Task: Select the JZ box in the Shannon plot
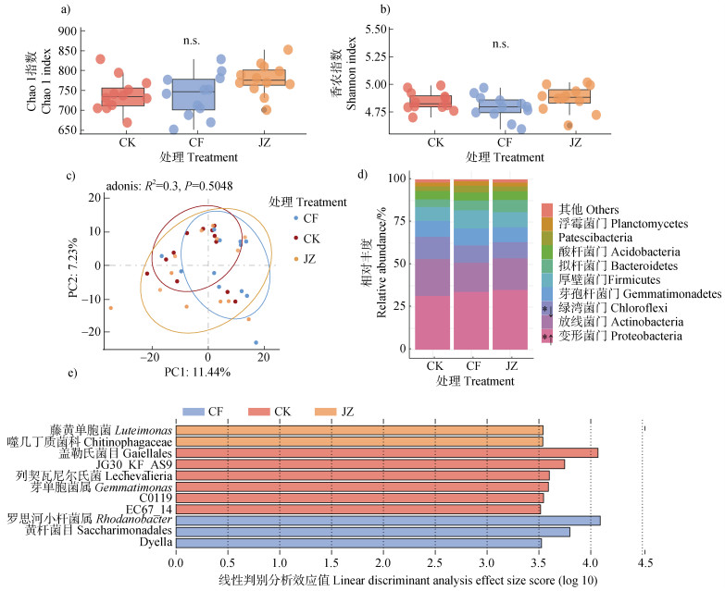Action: coord(569,95)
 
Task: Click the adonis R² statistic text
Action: coord(167,185)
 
